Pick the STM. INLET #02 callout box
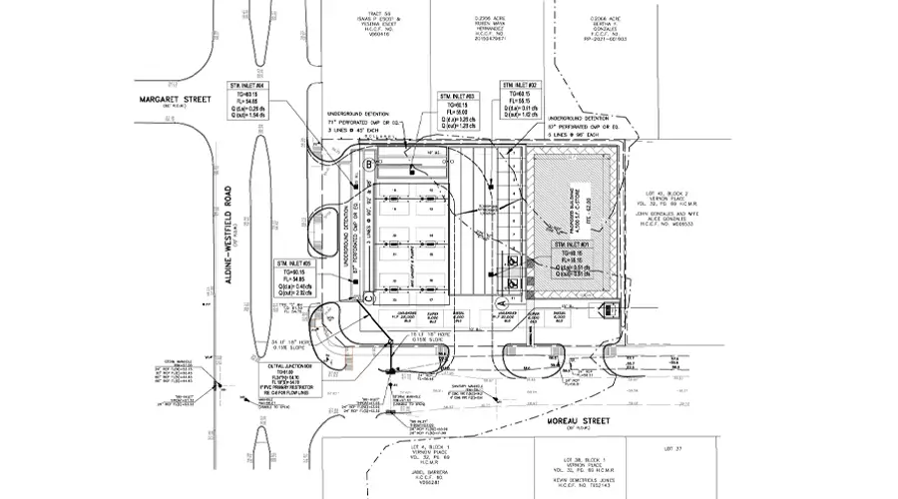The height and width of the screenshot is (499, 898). [524, 106]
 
